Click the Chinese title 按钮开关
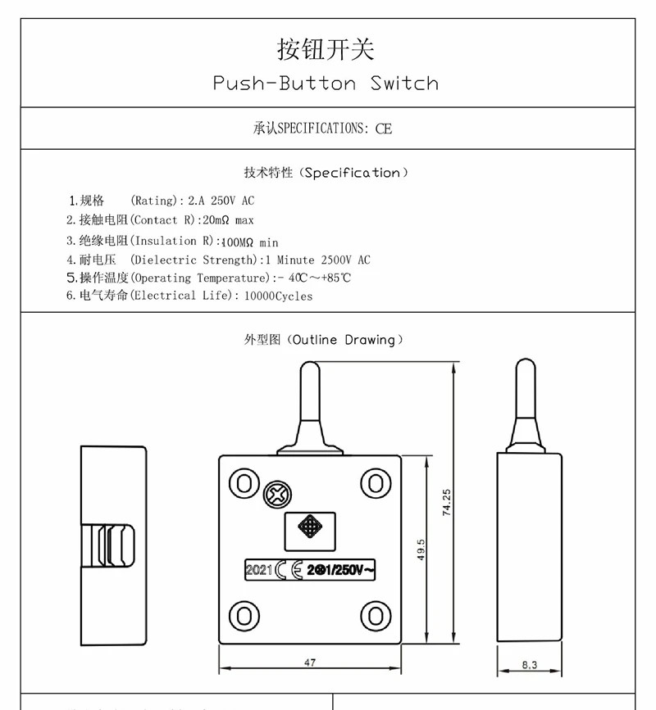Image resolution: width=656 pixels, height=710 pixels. pos(326,48)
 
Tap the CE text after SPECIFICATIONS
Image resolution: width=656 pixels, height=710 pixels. pos(384,129)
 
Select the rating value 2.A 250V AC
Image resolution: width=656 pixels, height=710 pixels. pos(221,201)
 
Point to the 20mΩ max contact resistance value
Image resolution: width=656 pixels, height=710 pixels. pos(228,220)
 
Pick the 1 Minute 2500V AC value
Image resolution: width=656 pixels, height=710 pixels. pos(316,260)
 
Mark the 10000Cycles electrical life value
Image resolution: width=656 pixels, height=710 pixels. pos(279,296)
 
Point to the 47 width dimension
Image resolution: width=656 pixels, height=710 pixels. pos(309,663)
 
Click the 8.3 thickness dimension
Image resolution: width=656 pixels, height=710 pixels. pos(528,665)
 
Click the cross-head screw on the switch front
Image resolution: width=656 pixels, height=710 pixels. pos(276,495)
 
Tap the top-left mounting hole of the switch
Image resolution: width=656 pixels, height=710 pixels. pos(244,482)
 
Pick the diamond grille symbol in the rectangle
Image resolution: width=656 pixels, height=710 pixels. pos(310,527)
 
